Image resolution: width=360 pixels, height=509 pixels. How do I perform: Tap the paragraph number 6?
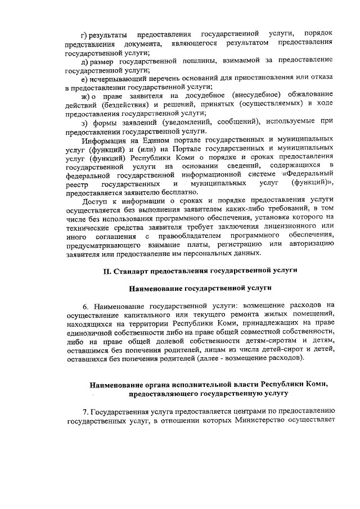point(85,307)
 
